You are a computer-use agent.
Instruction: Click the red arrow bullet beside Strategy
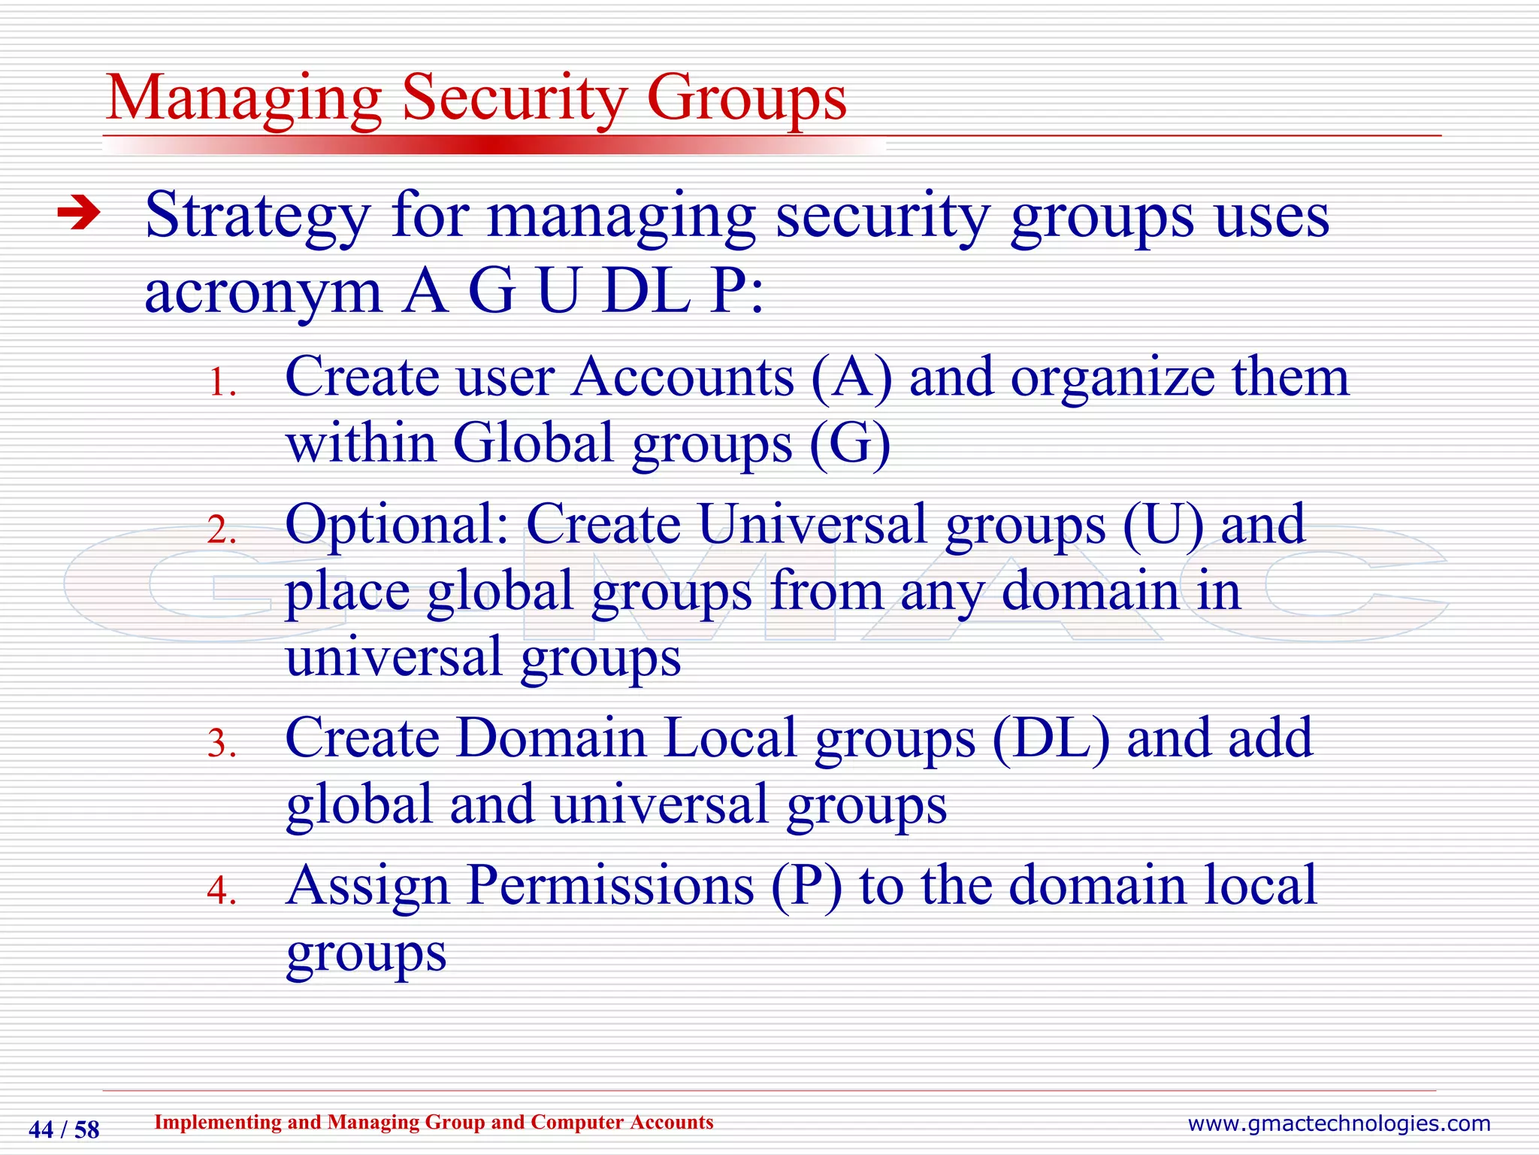pos(79,214)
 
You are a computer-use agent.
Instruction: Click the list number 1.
pos(222,383)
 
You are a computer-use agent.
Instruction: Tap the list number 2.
pos(222,531)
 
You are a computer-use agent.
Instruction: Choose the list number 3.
pos(222,744)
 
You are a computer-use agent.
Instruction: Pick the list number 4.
pos(222,891)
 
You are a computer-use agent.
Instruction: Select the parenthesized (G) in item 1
pos(850,443)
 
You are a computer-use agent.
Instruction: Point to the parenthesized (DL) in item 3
pos(1051,738)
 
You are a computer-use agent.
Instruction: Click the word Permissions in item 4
pos(610,885)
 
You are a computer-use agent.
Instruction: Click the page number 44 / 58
pos(64,1129)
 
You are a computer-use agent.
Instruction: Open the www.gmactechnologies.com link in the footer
pos(1338,1123)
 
